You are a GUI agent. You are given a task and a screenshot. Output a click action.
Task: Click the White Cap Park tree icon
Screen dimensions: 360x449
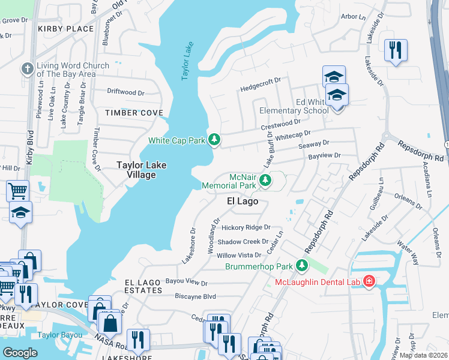[214, 140]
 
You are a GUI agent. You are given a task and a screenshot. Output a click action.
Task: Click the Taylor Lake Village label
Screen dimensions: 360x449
[141, 170]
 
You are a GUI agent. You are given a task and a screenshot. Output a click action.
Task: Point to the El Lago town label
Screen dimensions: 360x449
[243, 202]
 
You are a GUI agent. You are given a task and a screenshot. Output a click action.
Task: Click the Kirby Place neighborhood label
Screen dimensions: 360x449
[65, 29]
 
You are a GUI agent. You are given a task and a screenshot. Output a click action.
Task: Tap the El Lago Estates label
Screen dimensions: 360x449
[143, 286]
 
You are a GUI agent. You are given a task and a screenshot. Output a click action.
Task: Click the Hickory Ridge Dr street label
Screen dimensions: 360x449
[246, 227]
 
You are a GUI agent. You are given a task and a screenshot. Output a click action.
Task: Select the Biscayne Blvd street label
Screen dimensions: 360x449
[191, 296]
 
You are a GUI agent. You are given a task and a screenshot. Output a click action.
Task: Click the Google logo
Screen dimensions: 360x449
[20, 353]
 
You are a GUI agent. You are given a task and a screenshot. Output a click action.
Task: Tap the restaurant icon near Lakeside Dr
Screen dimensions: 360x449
[396, 50]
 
